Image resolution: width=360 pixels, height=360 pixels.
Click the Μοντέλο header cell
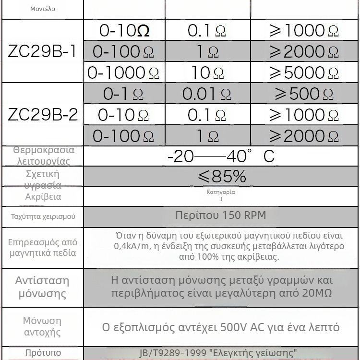pos(42,9)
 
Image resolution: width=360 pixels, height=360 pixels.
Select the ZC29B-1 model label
pos(42,51)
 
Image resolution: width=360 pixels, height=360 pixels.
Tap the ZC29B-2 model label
pos(42,115)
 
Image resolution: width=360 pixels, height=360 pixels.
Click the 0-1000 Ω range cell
pos(123,72)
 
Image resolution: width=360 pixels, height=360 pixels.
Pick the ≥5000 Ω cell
pos(304,72)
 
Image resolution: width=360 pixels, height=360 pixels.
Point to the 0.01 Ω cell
pos(206,94)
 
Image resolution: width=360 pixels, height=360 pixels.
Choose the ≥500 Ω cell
pos(304,94)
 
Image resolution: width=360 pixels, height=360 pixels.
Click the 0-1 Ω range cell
pos(123,94)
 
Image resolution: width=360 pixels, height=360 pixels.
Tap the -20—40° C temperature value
pos(221,156)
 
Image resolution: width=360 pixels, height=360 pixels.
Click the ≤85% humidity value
pos(221,177)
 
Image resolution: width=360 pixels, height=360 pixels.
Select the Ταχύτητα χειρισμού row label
pos(43,216)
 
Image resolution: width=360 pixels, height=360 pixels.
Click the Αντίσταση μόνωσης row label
pos(42,287)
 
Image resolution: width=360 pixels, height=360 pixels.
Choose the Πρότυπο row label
pos(43,353)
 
